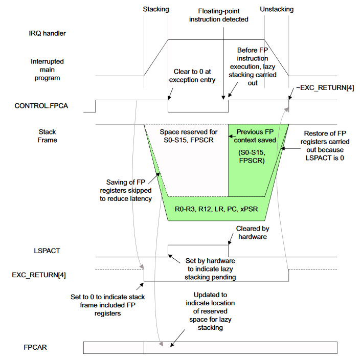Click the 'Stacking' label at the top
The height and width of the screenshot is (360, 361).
[156, 9]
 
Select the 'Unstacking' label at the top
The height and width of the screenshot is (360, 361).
[277, 9]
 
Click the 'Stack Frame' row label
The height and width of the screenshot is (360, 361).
[48, 136]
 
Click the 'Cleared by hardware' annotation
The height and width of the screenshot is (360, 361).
[253, 233]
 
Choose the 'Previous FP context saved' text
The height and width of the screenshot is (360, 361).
[257, 136]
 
